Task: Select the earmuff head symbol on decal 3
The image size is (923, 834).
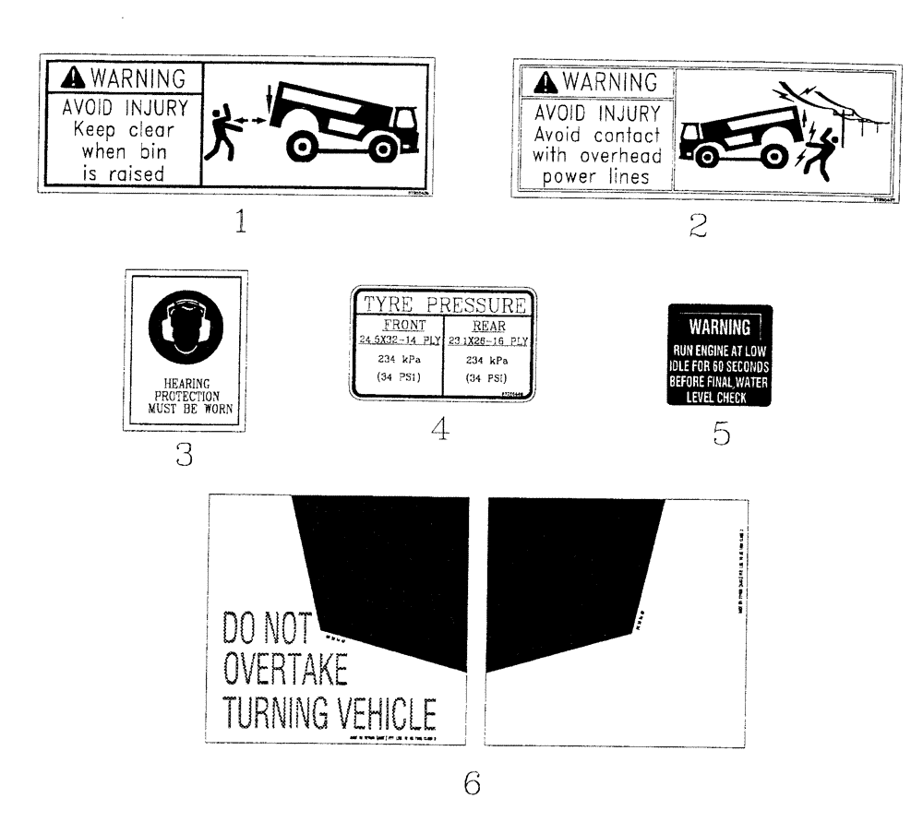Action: pos(186,330)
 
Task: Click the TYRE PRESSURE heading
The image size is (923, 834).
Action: pos(442,304)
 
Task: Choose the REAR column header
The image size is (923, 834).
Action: pos(488,325)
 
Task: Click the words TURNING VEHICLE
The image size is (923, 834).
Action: pos(329,714)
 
